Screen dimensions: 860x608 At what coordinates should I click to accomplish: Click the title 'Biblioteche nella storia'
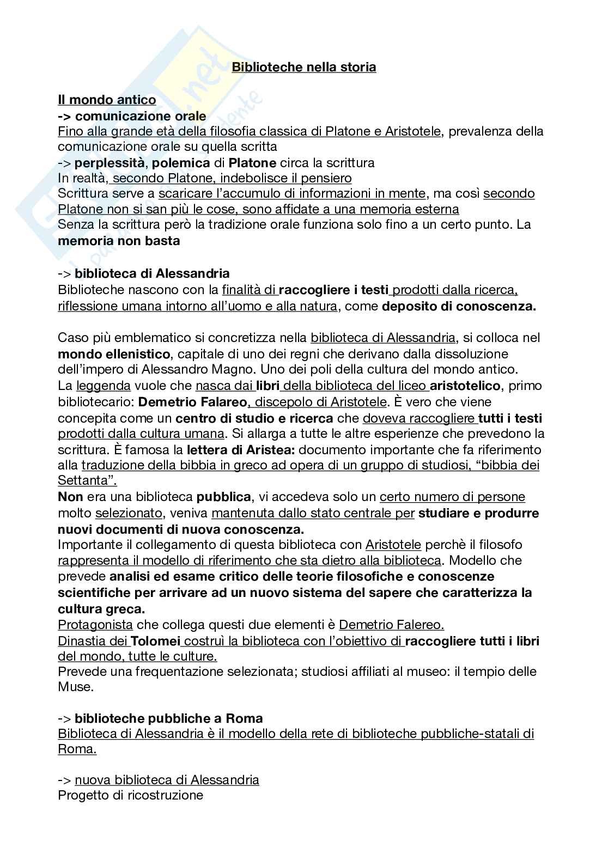tap(304, 68)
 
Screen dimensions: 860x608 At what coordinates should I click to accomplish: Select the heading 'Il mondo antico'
tap(107, 100)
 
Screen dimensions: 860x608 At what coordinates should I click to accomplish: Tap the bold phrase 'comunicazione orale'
tap(141, 115)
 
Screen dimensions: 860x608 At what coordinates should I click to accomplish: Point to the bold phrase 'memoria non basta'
tap(119, 240)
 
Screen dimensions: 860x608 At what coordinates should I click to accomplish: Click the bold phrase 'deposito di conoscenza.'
tap(459, 306)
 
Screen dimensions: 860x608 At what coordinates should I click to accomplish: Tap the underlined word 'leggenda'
tap(104, 386)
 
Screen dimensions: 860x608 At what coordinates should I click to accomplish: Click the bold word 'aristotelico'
tap(465, 386)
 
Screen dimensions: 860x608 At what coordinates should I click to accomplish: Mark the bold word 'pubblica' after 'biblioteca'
tap(223, 497)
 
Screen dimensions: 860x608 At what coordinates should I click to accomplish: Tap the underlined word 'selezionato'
tap(129, 513)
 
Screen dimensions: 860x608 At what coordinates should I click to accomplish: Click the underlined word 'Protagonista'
tap(95, 624)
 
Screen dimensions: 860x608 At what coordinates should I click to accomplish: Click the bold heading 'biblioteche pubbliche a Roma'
tap(169, 718)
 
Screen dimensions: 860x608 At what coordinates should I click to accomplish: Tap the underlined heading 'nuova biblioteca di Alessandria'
tap(167, 779)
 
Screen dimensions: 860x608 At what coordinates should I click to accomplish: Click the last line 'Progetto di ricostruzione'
tap(130, 795)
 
